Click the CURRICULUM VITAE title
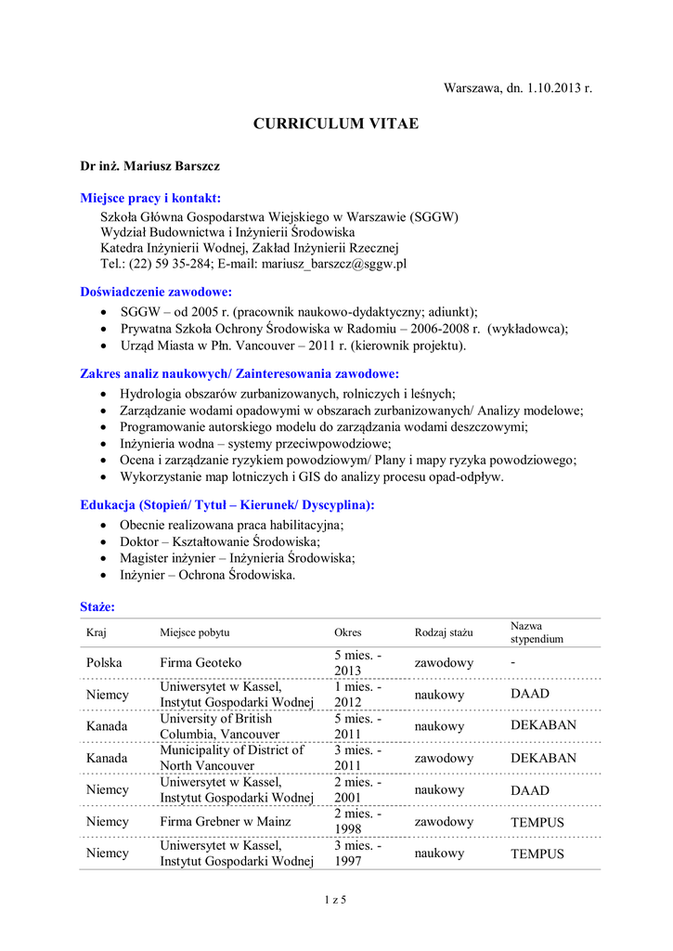(337, 124)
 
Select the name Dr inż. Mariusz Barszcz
(149, 165)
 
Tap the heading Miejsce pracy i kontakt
(150, 198)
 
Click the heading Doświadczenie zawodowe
(156, 292)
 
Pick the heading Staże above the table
(97, 606)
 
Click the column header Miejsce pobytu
(194, 632)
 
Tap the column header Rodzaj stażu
(444, 632)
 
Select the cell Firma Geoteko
(201, 663)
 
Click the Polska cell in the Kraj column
(105, 663)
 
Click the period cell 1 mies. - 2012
(357, 695)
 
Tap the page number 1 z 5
(336, 899)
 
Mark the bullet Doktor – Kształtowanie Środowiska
(220, 541)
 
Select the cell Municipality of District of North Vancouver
(232, 758)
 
